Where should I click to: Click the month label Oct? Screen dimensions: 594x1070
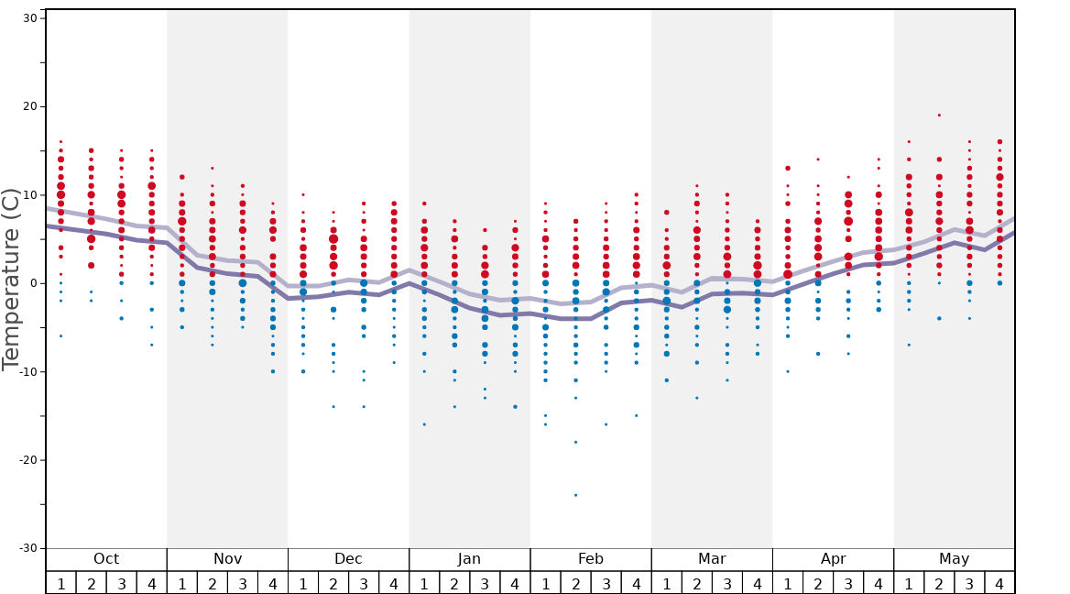tap(106, 559)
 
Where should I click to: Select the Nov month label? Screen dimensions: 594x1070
tap(227, 559)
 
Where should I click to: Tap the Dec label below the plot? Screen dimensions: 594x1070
tap(348, 559)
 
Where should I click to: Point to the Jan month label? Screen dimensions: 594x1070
tap(469, 559)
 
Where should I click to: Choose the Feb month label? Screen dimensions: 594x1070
tap(590, 559)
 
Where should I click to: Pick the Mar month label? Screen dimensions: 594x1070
tap(712, 559)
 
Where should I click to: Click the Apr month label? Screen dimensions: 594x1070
tap(833, 559)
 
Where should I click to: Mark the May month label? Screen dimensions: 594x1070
tap(954, 559)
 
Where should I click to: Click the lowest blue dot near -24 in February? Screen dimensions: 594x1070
tap(576, 495)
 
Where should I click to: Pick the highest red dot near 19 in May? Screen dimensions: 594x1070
tap(939, 115)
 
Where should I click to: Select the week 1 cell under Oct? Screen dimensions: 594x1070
tap(60, 583)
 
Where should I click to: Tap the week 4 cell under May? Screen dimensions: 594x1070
tap(999, 583)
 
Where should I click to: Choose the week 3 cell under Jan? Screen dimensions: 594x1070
tap(485, 583)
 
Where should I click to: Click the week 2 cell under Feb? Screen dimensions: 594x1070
tap(575, 583)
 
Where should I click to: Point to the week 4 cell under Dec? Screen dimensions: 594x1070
tap(394, 583)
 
